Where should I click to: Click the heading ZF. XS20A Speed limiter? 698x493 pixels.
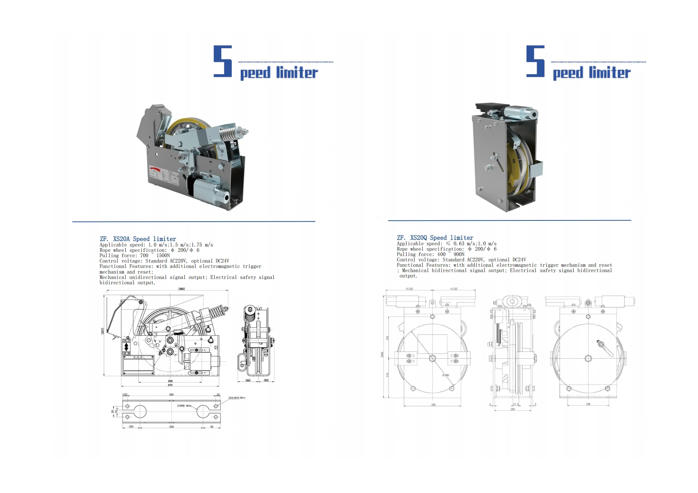coord(138,239)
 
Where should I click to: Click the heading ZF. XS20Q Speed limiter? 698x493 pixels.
coord(435,238)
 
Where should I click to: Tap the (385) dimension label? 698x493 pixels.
coord(181,289)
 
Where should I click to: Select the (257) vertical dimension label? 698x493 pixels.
coord(102,331)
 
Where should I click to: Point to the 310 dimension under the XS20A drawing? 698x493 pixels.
coord(170,385)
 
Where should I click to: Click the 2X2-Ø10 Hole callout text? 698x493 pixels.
coord(237,398)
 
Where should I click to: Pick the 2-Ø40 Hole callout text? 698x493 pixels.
coord(184,406)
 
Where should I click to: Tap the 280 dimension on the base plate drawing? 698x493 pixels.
coord(172,395)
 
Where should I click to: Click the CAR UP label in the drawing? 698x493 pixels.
coord(126,341)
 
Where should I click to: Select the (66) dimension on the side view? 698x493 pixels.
coord(248,380)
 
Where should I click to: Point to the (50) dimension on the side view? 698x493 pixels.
coord(266,380)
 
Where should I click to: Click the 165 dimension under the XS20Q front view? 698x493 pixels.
coord(433,405)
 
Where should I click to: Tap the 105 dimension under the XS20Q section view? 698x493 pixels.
coord(513,409)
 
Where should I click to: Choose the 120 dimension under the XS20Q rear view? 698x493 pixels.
coord(588,404)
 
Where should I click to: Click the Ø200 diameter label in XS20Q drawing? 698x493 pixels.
coord(446,375)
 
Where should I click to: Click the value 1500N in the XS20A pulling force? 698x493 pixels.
coord(163,256)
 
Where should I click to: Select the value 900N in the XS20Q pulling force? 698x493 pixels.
coord(459,254)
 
